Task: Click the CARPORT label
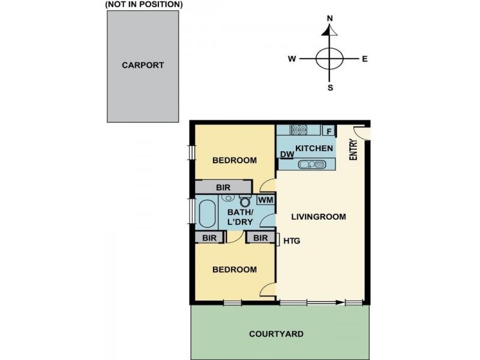[x=143, y=65]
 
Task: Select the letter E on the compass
[x=364, y=59]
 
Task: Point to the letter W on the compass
[x=292, y=59]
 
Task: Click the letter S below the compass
[x=330, y=88]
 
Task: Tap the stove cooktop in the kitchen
[x=298, y=130]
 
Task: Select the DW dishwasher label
[x=287, y=155]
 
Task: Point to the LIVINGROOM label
[x=318, y=217]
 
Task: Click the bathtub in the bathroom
[x=207, y=214]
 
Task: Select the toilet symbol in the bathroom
[x=244, y=201]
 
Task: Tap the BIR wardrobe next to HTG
[x=260, y=238]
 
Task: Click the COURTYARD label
[x=277, y=334]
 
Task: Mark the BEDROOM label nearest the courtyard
[x=235, y=269]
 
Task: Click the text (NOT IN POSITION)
[x=143, y=4]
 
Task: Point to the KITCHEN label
[x=313, y=148]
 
